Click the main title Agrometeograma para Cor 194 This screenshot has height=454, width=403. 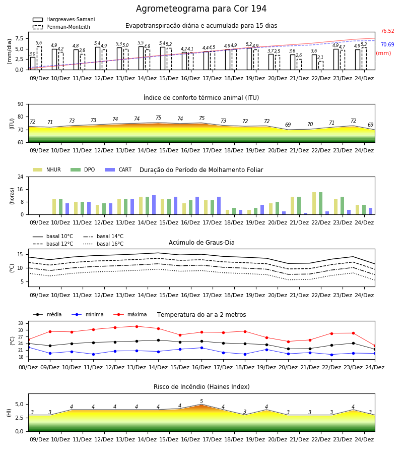click(x=201, y=9)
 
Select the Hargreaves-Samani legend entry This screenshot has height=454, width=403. click(x=63, y=19)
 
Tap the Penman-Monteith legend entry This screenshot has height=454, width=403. click(x=61, y=27)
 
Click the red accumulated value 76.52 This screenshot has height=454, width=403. click(x=387, y=31)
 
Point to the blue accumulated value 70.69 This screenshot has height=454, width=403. click(x=387, y=44)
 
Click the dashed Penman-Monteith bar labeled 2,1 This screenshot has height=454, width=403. click(x=321, y=66)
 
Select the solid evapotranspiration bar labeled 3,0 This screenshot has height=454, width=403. click(x=33, y=64)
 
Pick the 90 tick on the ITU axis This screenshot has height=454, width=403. click(x=21, y=104)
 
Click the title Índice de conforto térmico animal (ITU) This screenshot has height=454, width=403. click(x=201, y=97)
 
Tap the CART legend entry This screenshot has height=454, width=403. click(x=118, y=169)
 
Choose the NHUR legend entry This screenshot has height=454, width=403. click(x=47, y=169)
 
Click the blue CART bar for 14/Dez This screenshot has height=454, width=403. click(x=154, y=205)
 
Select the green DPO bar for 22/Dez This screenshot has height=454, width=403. click(x=320, y=204)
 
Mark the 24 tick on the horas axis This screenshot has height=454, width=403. click(x=21, y=177)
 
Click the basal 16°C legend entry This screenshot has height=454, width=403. click(x=103, y=244)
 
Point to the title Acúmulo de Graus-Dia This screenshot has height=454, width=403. click(x=201, y=242)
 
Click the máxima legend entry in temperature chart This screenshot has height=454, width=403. click(x=130, y=314)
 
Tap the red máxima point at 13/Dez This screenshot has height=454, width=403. click(x=137, y=326)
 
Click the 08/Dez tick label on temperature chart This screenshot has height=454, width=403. click(x=28, y=367)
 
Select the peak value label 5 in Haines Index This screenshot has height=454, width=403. click(x=201, y=402)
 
